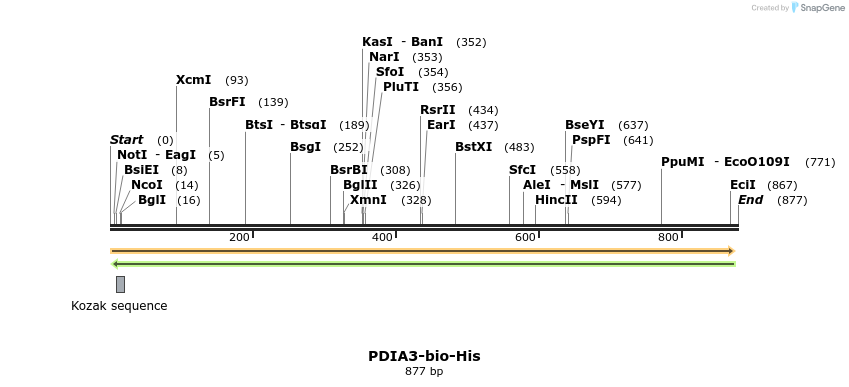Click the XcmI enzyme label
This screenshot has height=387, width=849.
coord(193,80)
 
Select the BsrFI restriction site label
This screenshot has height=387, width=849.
coord(228,102)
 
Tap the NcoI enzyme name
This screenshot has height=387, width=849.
coord(146,185)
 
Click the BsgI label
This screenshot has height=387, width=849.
coord(305,147)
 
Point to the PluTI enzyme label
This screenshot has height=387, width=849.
coord(401,87)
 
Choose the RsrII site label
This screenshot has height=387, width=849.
coord(437,110)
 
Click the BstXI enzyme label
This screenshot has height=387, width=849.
coord(473,147)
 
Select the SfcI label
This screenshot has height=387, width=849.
coord(522,170)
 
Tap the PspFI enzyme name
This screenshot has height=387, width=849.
coord(591,140)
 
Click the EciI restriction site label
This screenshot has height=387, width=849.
coord(742,185)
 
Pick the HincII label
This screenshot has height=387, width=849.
coord(556,200)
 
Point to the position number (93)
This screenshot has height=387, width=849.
coord(236,80)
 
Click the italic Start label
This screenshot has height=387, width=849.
coord(126,140)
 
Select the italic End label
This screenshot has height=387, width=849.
coord(750,200)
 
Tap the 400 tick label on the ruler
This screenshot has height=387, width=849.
coord(382,237)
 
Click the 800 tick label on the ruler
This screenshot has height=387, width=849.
coord(667,237)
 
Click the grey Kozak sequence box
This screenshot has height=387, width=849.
coord(120,284)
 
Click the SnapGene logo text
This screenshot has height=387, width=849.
coord(816,8)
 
